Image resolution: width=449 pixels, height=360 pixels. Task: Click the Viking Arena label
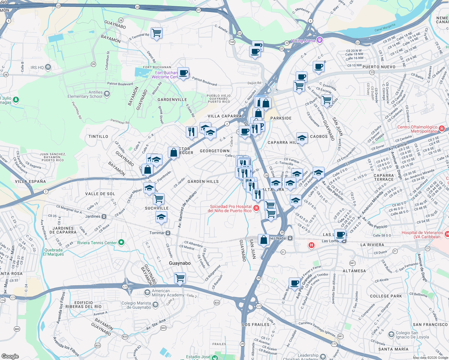(x=303, y=40)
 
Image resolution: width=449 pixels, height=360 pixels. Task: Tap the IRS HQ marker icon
(x=48, y=67)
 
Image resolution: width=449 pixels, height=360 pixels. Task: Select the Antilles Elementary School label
(x=85, y=94)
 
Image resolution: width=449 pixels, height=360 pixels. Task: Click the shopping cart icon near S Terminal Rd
(x=156, y=32)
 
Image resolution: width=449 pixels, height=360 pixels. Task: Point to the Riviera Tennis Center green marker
(x=121, y=242)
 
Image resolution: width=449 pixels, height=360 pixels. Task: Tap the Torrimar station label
(x=157, y=233)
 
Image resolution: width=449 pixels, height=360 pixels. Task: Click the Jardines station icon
(x=104, y=216)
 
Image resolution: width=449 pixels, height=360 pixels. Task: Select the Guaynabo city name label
(x=180, y=263)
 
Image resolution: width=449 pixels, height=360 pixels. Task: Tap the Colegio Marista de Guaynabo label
(x=136, y=305)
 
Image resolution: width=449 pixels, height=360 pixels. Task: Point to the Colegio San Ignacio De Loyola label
(x=412, y=335)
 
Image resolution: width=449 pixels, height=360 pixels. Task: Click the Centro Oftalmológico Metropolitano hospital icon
(x=441, y=129)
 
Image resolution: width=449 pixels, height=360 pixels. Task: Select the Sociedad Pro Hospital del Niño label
(x=231, y=208)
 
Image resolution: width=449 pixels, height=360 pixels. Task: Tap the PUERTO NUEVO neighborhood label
(x=379, y=67)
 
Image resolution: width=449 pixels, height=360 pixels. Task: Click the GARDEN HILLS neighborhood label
(x=203, y=181)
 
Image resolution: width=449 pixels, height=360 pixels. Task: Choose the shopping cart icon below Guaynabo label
(x=180, y=277)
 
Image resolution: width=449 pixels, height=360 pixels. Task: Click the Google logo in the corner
(x=10, y=356)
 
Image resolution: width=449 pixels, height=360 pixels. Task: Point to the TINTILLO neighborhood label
(x=98, y=136)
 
